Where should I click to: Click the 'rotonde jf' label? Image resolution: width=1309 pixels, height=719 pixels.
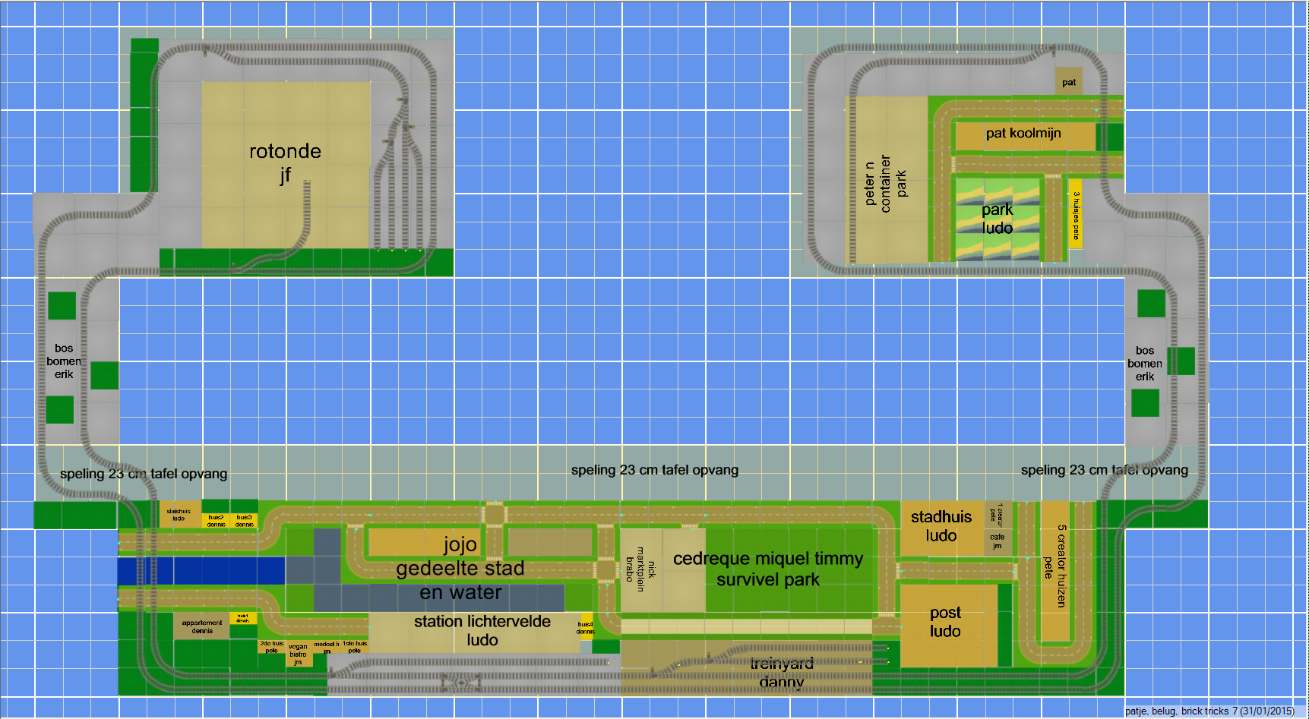(285, 162)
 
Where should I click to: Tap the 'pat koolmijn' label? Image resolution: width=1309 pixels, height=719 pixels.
(1023, 134)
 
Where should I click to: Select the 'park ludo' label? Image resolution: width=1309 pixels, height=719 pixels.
(997, 219)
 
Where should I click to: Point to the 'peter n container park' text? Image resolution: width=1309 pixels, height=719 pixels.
(885, 183)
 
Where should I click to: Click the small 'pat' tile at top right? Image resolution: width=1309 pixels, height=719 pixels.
(1068, 82)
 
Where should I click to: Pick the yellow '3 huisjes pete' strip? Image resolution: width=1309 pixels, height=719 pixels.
(1076, 215)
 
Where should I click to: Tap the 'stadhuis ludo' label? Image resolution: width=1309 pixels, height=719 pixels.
(941, 526)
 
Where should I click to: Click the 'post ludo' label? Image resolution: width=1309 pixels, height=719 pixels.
(945, 622)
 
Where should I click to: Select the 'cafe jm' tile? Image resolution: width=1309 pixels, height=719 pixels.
(997, 541)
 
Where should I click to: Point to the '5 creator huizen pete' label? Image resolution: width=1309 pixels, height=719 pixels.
(1054, 566)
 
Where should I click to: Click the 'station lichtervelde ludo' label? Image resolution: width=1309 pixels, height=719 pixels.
(482, 631)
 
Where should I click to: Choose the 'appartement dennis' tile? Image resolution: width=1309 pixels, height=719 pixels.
(202, 626)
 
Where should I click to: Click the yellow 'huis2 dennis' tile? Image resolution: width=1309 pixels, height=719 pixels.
(217, 521)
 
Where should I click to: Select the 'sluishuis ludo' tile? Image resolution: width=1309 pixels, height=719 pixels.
(179, 515)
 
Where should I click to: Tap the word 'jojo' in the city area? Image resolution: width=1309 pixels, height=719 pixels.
(460, 544)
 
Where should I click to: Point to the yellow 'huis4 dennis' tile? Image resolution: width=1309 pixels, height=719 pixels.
(585, 627)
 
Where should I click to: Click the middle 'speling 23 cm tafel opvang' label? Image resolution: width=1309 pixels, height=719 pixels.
(654, 470)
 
